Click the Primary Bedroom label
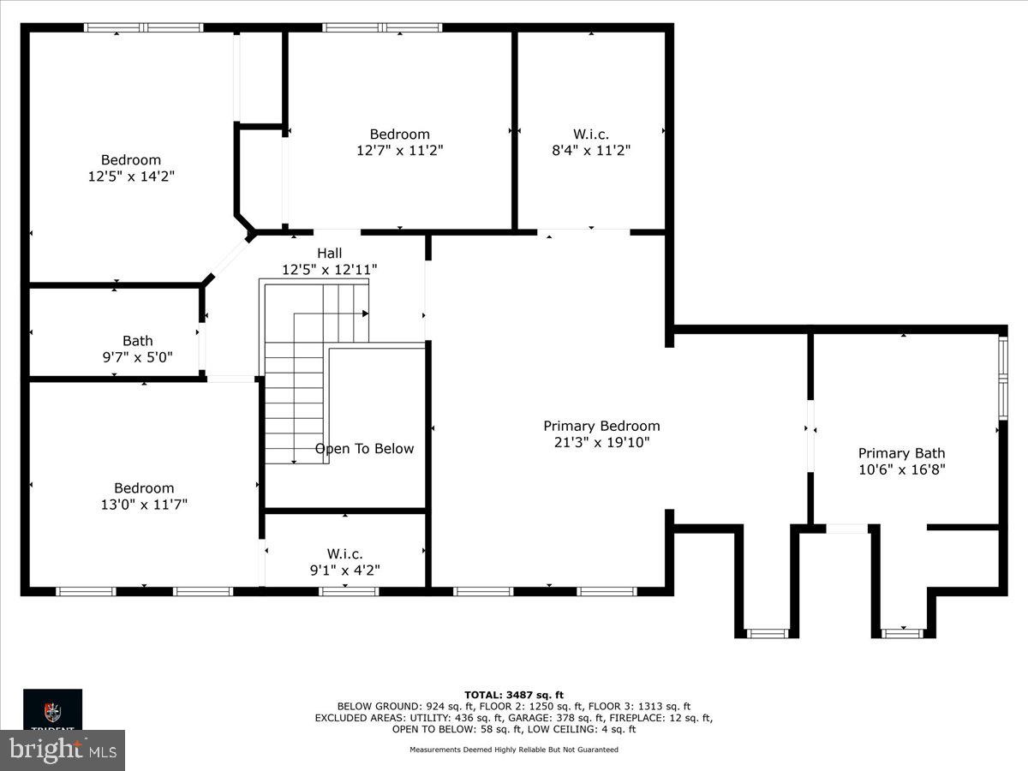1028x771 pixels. pyautogui.click(x=601, y=426)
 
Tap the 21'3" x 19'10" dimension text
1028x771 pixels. pyautogui.click(x=601, y=442)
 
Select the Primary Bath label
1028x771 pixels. pyautogui.click(x=901, y=453)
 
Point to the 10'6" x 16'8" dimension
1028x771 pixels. pyautogui.click(x=901, y=469)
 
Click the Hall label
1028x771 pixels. pyautogui.click(x=329, y=253)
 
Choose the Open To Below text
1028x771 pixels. pyautogui.click(x=364, y=449)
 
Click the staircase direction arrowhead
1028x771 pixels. pyautogui.click(x=365, y=314)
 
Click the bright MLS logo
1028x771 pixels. pyautogui.click(x=63, y=750)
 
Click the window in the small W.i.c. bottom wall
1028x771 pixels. pyautogui.click(x=349, y=591)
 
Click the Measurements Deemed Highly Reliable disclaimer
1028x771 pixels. pyautogui.click(x=513, y=750)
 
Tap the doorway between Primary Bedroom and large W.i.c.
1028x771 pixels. pyautogui.click(x=583, y=231)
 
